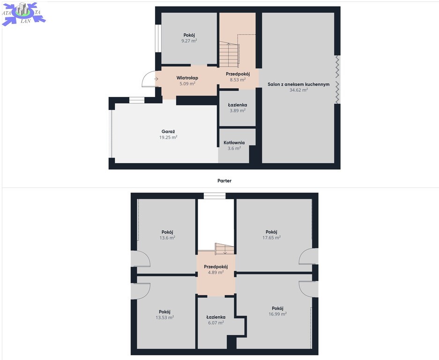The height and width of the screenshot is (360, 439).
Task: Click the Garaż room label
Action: [x=168, y=131]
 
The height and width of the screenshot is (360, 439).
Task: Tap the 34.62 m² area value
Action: [x=299, y=90]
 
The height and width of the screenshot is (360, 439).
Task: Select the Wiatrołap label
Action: [x=187, y=78]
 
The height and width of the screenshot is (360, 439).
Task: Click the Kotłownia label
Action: [x=234, y=142]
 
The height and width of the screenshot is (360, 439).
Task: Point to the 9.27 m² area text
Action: [x=189, y=41]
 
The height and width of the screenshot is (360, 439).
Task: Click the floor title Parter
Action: [x=224, y=180]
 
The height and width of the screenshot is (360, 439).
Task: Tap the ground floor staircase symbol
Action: [x=229, y=54]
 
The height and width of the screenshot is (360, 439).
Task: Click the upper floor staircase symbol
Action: [x=224, y=249]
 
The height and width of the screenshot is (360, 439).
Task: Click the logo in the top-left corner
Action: [x=23, y=13]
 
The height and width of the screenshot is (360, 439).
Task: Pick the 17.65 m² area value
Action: [x=272, y=238]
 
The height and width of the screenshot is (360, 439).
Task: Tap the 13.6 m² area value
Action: [x=167, y=238]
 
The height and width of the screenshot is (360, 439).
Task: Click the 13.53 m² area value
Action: [x=165, y=317]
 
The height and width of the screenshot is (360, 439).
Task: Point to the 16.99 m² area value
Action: [x=278, y=314]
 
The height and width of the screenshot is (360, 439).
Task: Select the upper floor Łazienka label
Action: [x=216, y=317]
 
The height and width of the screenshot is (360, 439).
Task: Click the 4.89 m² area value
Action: [x=216, y=272]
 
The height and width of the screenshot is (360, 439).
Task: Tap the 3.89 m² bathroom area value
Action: [x=238, y=111]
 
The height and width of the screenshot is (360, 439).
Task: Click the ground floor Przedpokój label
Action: [x=238, y=74]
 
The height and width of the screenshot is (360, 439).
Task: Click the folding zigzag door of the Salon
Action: [x=338, y=79]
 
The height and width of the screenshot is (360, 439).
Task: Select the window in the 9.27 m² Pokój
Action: [x=158, y=38]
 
